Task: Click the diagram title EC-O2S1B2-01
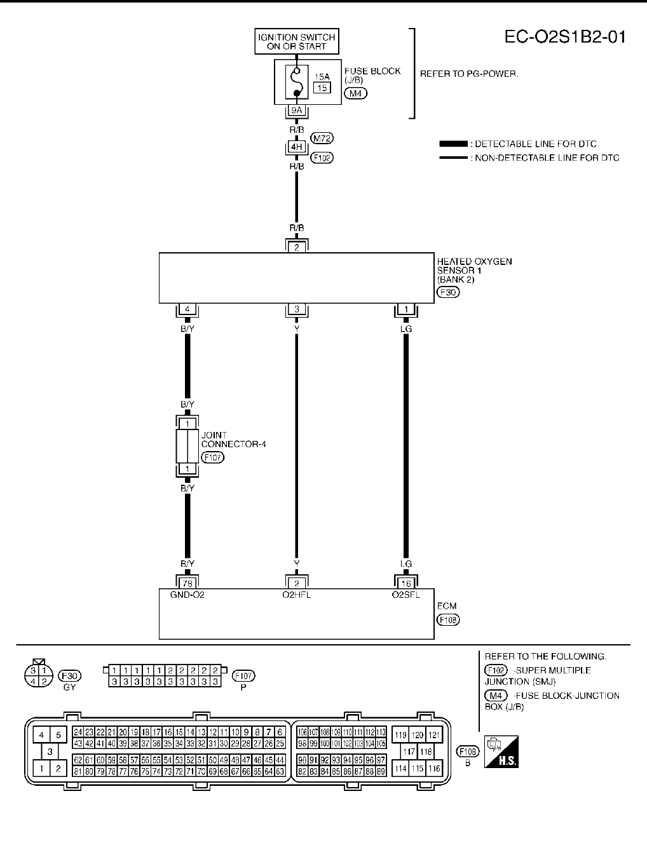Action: [565, 37]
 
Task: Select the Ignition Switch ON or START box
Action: [296, 42]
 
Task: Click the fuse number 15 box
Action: [322, 88]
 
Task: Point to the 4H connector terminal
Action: [296, 147]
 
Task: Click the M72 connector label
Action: [322, 138]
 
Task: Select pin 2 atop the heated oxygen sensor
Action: [296, 247]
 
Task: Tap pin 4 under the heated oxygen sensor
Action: [187, 310]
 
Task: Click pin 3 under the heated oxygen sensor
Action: [296, 310]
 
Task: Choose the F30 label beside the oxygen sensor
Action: [448, 292]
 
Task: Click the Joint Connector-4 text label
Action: [233, 440]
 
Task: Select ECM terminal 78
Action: [187, 583]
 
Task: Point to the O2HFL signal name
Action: [296, 595]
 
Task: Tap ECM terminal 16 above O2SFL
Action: [406, 583]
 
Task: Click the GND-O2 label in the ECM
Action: [187, 595]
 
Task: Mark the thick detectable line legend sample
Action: [453, 144]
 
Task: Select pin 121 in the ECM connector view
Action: [433, 735]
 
